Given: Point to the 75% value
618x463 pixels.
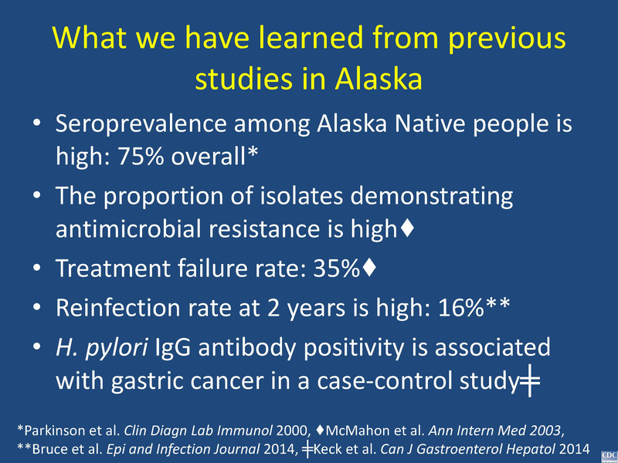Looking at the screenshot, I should (138, 157).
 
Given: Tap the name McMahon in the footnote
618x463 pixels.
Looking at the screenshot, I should (343, 428).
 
